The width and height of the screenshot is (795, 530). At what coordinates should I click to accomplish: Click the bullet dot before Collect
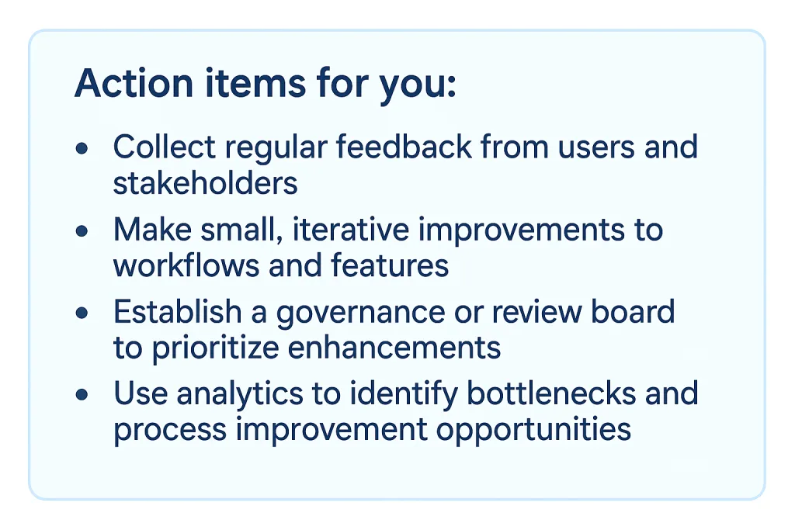point(82,148)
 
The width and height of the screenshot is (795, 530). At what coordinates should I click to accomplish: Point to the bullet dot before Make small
point(82,231)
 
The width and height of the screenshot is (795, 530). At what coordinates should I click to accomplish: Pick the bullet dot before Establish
point(82,313)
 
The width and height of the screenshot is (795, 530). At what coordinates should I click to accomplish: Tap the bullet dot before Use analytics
point(82,395)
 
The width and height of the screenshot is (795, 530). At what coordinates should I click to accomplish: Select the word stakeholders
point(205,183)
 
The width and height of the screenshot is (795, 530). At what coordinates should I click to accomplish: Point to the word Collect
point(158,147)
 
